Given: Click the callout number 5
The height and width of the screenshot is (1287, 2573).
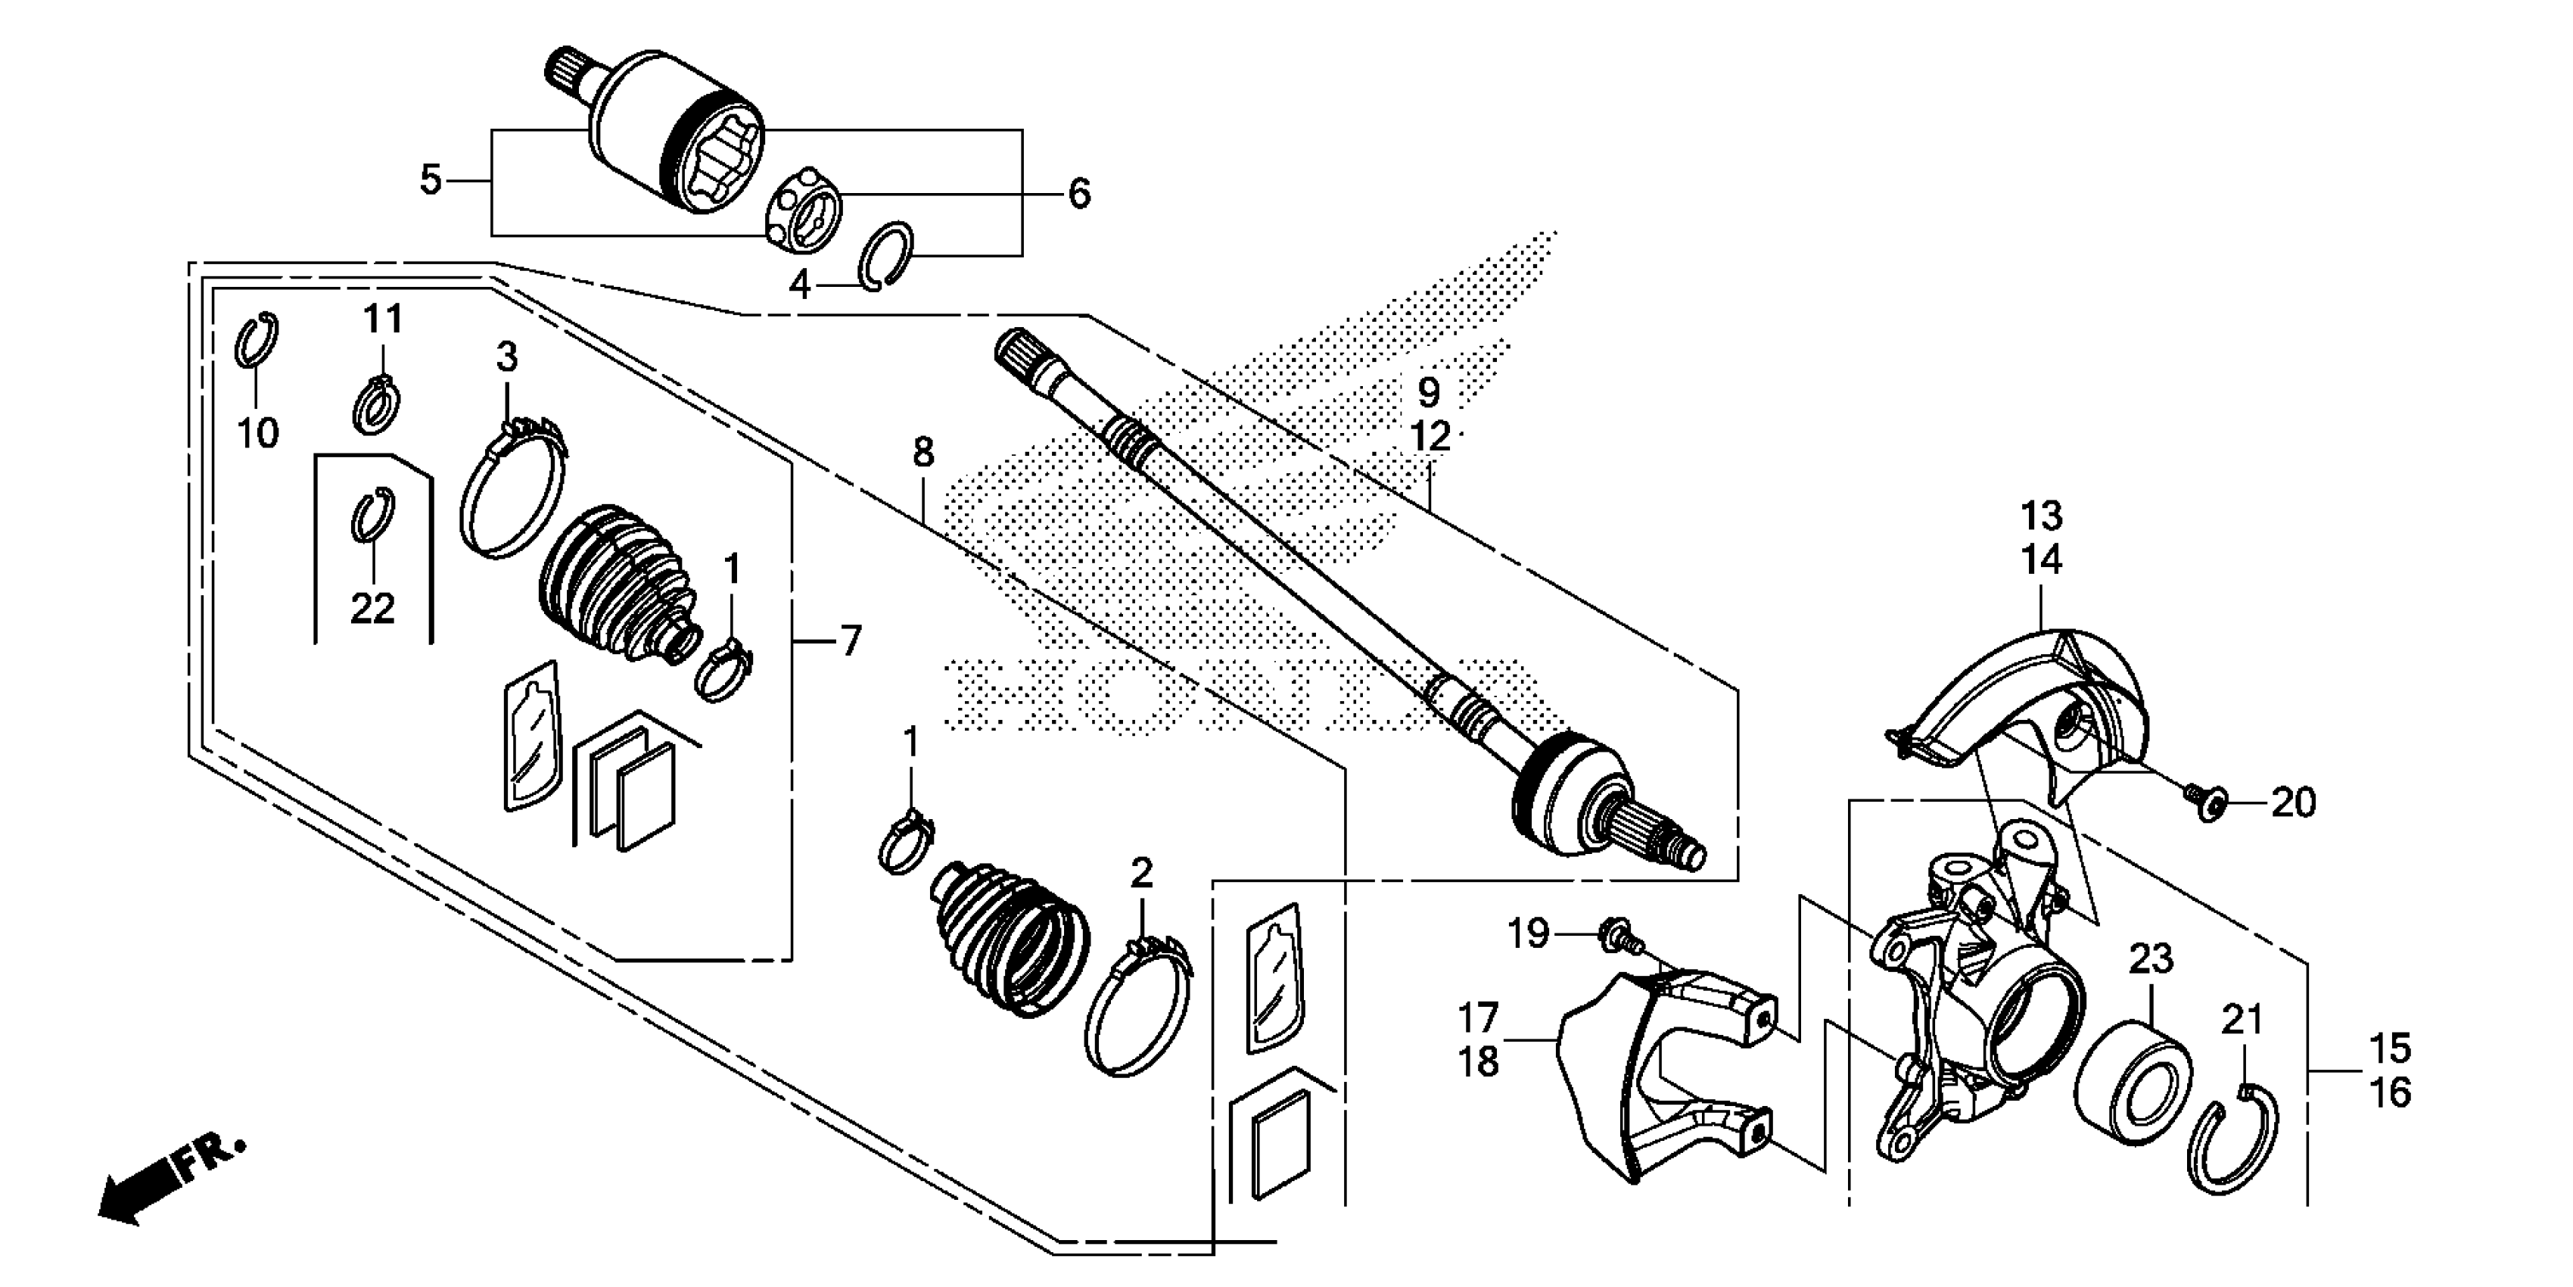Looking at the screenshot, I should click(431, 181).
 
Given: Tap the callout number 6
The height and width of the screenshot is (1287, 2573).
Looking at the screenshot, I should click(1078, 194).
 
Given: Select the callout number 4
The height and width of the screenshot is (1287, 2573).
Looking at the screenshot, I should click(799, 285).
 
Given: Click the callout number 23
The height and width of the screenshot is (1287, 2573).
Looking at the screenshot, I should click(2151, 959).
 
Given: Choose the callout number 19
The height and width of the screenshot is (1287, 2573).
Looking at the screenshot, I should click(1527, 934).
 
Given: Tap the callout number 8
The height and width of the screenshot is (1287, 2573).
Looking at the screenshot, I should click(923, 453).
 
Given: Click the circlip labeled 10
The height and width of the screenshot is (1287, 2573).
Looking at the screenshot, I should click(257, 341).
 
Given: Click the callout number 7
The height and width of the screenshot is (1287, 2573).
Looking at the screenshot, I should click(850, 640).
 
